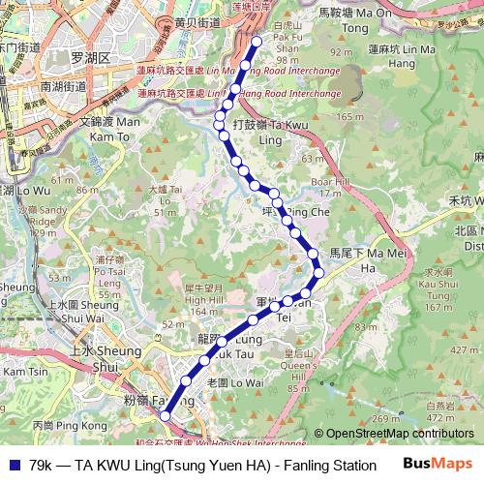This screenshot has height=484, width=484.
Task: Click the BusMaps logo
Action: pos(439,464)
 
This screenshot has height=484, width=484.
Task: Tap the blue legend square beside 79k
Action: pos(13,465)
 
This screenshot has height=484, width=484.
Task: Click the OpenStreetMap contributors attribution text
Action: pos(394,435)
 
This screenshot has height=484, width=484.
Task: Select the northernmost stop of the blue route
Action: pos(257,42)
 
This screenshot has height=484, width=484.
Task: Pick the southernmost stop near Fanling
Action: pos(166,415)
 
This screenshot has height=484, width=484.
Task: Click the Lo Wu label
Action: pos(21,190)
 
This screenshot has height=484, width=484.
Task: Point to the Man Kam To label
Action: pos(109,129)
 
